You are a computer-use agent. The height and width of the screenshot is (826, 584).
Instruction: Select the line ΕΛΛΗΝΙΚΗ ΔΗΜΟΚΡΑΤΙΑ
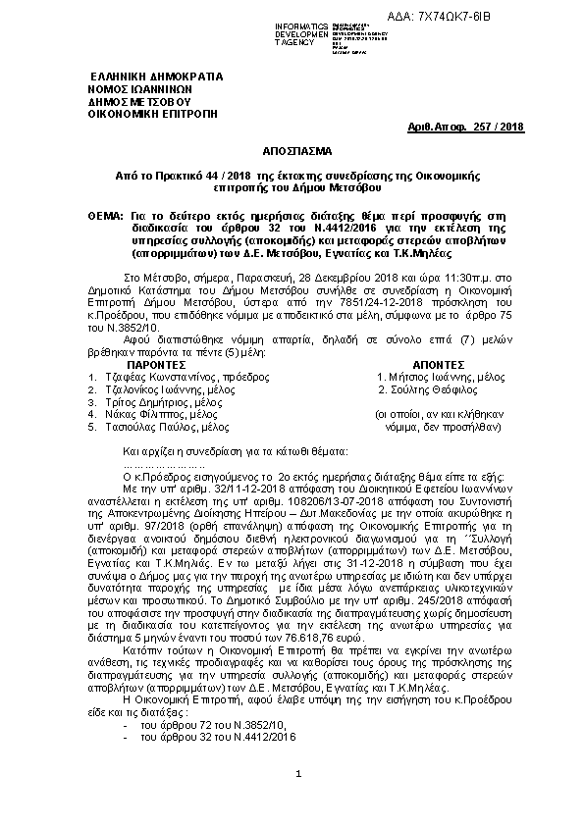(x=156, y=76)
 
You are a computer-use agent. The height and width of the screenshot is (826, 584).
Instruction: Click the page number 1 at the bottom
(x=297, y=801)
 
